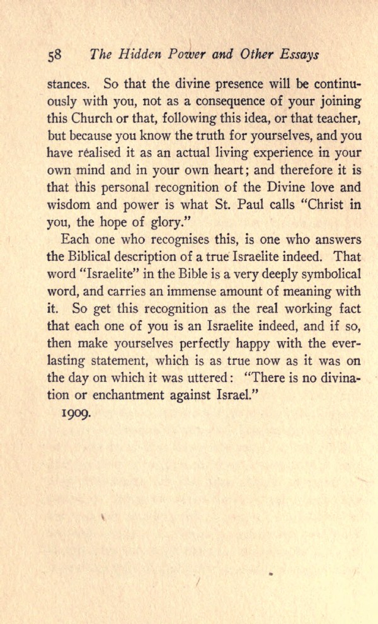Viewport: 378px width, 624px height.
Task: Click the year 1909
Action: pos(78,417)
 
